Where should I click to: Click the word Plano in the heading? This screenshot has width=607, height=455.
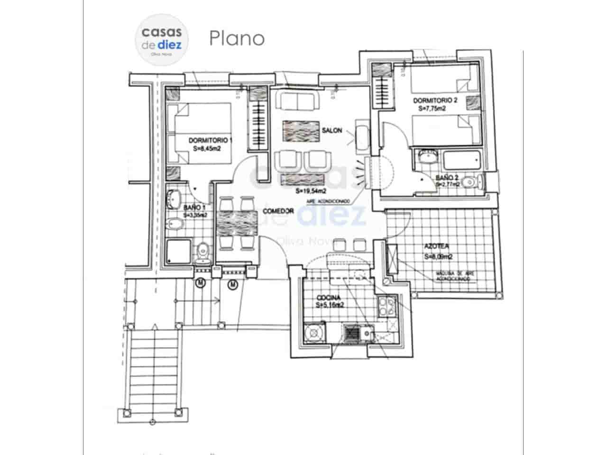(237, 38)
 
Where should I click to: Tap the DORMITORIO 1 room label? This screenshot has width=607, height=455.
(211, 140)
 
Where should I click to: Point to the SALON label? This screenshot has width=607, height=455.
(331, 130)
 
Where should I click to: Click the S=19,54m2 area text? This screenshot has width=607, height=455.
(311, 191)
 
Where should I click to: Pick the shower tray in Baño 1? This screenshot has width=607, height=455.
(178, 252)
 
